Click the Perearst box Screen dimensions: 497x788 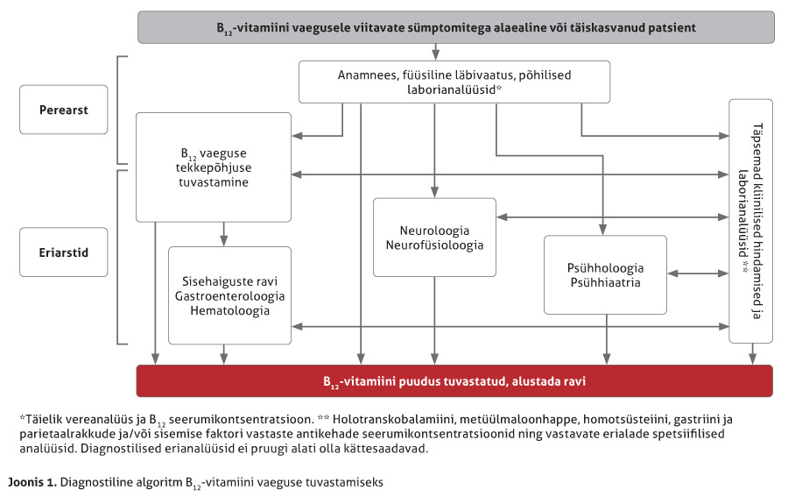[63, 110]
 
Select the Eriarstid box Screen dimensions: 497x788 [63, 252]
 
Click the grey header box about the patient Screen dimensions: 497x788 [455, 27]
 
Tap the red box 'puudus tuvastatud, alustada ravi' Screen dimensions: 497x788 [454, 381]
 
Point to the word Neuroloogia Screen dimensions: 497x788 [434, 230]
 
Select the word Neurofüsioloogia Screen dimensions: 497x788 [434, 245]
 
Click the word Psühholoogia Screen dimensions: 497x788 [605, 267]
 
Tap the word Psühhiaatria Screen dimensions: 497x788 [605, 282]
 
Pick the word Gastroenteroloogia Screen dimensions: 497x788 [229, 295]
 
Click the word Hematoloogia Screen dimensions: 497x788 [229, 310]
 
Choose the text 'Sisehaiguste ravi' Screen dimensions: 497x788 [229, 280]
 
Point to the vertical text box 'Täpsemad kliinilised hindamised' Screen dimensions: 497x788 [750, 221]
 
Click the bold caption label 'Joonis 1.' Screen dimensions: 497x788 [32, 481]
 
